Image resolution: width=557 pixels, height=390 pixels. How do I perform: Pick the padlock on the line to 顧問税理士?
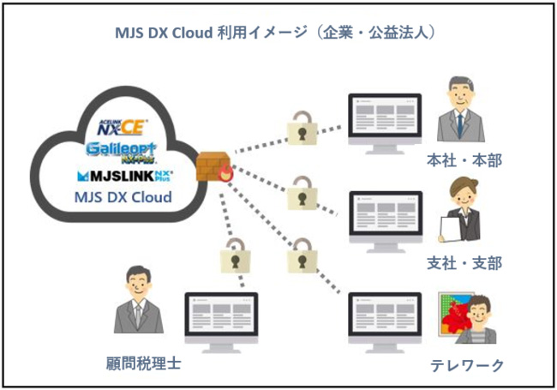coord(235,256)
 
